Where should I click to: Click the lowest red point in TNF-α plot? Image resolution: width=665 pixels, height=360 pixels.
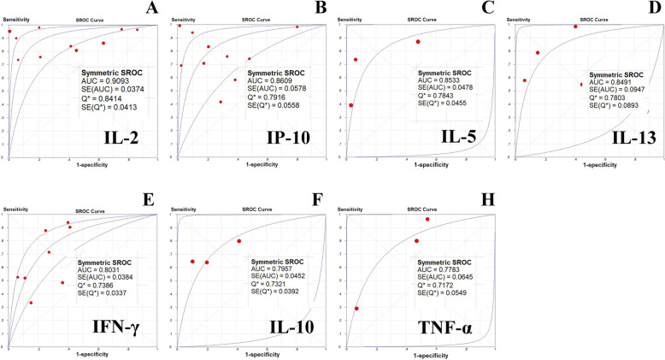pos(356,309)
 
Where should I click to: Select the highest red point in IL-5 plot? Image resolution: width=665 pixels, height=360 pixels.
pos(418,42)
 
